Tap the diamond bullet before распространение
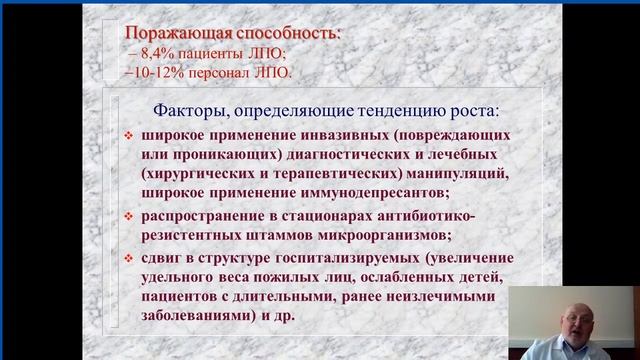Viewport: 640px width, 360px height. pyautogui.click(x=127, y=217)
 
